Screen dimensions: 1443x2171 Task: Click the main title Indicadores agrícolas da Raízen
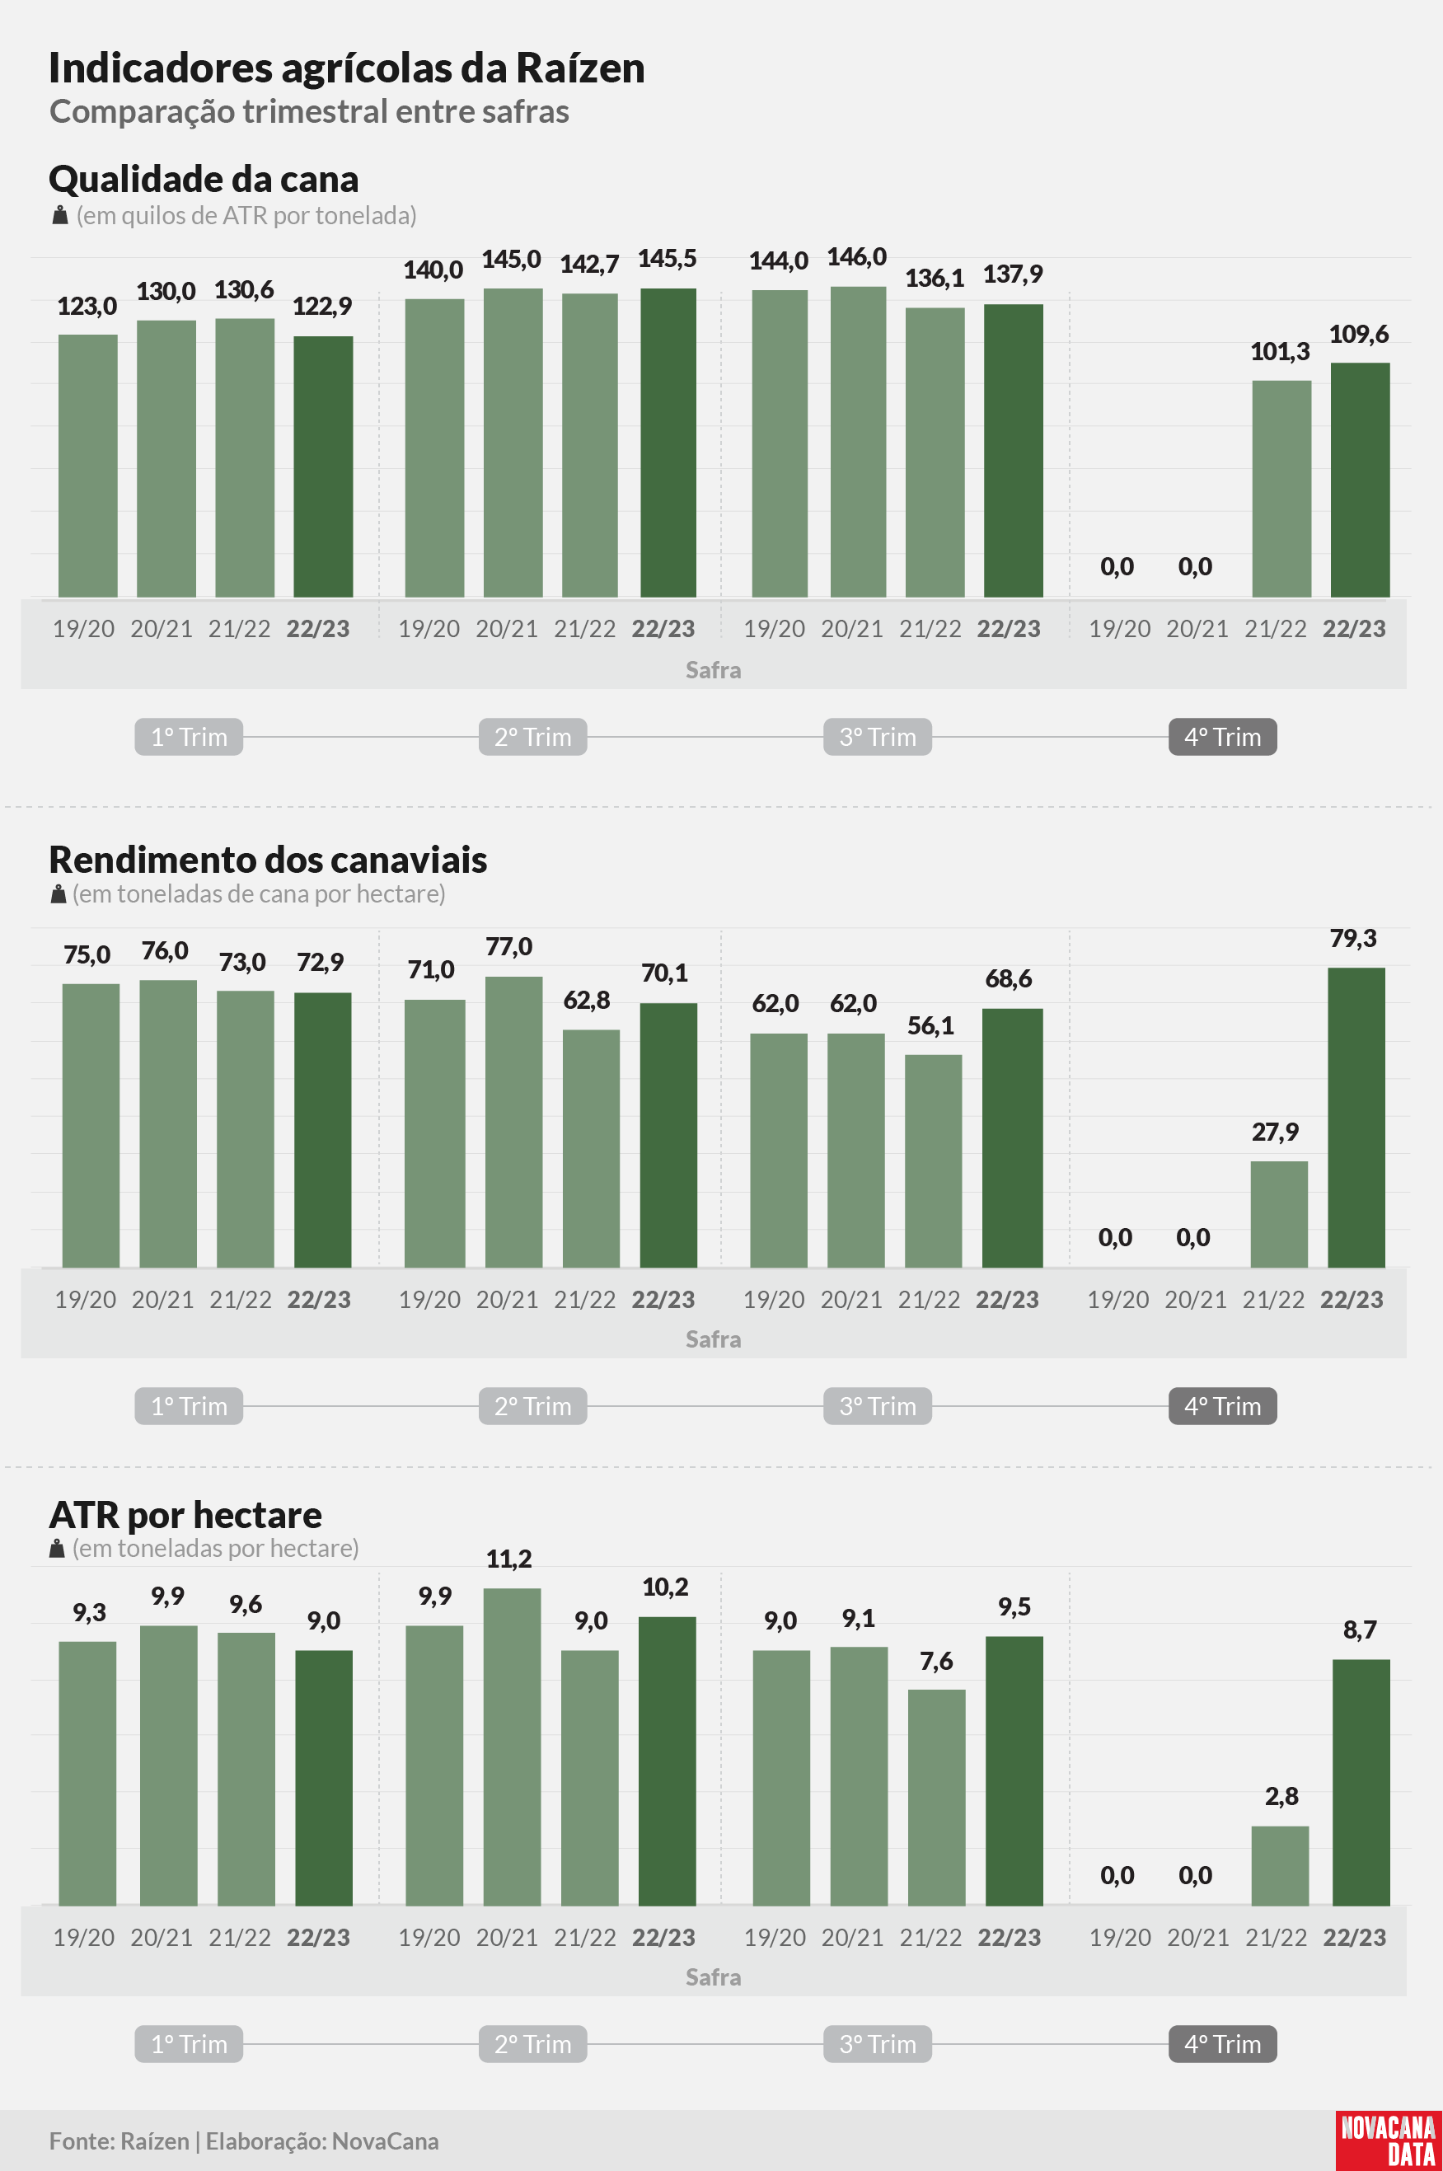click(346, 68)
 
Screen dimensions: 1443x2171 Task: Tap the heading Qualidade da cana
click(204, 179)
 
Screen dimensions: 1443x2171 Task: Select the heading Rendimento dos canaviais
click(268, 859)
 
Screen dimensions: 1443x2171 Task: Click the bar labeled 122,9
click(323, 467)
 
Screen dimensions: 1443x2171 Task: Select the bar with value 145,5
click(668, 443)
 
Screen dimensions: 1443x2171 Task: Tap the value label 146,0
click(857, 257)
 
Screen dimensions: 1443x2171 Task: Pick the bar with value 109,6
click(1360, 480)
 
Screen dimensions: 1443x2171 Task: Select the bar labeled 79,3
click(1356, 1118)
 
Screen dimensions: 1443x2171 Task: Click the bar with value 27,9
click(1278, 1214)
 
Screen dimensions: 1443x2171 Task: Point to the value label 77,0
click(509, 946)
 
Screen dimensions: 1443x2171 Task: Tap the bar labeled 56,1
click(933, 1161)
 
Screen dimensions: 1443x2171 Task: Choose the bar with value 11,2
click(512, 1747)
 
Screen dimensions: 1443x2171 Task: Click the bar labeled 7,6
click(937, 1798)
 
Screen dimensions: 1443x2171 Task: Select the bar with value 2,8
click(1279, 1865)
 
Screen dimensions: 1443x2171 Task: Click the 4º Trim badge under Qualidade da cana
click(1222, 737)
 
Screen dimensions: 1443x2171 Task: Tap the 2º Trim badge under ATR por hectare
click(533, 2044)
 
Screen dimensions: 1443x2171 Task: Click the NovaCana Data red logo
click(1389, 2141)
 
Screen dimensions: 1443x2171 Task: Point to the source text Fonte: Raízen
click(119, 2141)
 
